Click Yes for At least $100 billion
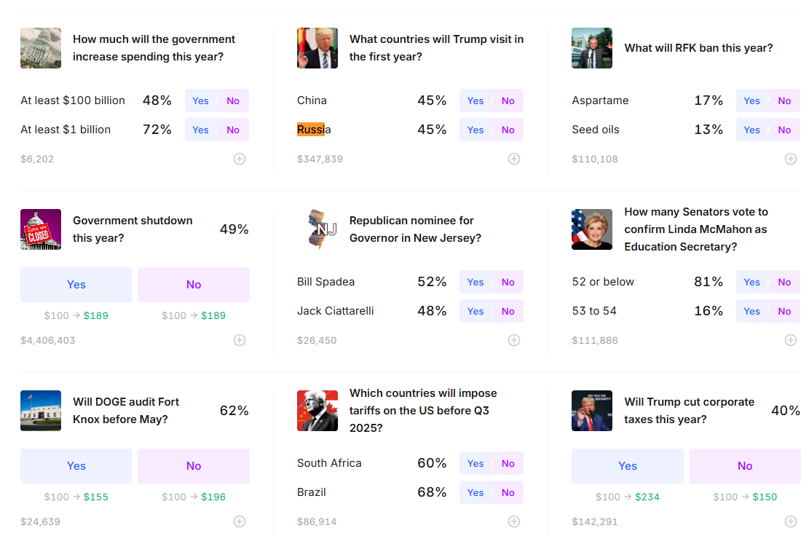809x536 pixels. pos(201,100)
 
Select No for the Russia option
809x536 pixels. pos(508,130)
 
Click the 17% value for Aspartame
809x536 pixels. pos(709,100)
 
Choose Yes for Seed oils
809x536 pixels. pos(751,130)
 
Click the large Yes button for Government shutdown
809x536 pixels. pos(76,285)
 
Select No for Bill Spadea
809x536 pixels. pos(508,282)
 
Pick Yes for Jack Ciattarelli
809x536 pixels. pos(475,311)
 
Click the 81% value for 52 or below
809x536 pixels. pos(709,282)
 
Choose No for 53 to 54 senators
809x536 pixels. pos(784,311)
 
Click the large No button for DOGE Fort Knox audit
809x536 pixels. pos(194,466)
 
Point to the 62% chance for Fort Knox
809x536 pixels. pos(234,411)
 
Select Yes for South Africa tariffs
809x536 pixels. pos(475,463)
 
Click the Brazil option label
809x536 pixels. pos(312,492)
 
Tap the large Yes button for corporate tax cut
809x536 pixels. pos(628,466)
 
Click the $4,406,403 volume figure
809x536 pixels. pos(48,341)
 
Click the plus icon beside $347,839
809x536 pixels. pos(514,159)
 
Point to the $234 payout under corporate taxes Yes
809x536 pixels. pos(647,497)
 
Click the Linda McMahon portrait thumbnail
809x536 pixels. pos(592,229)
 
